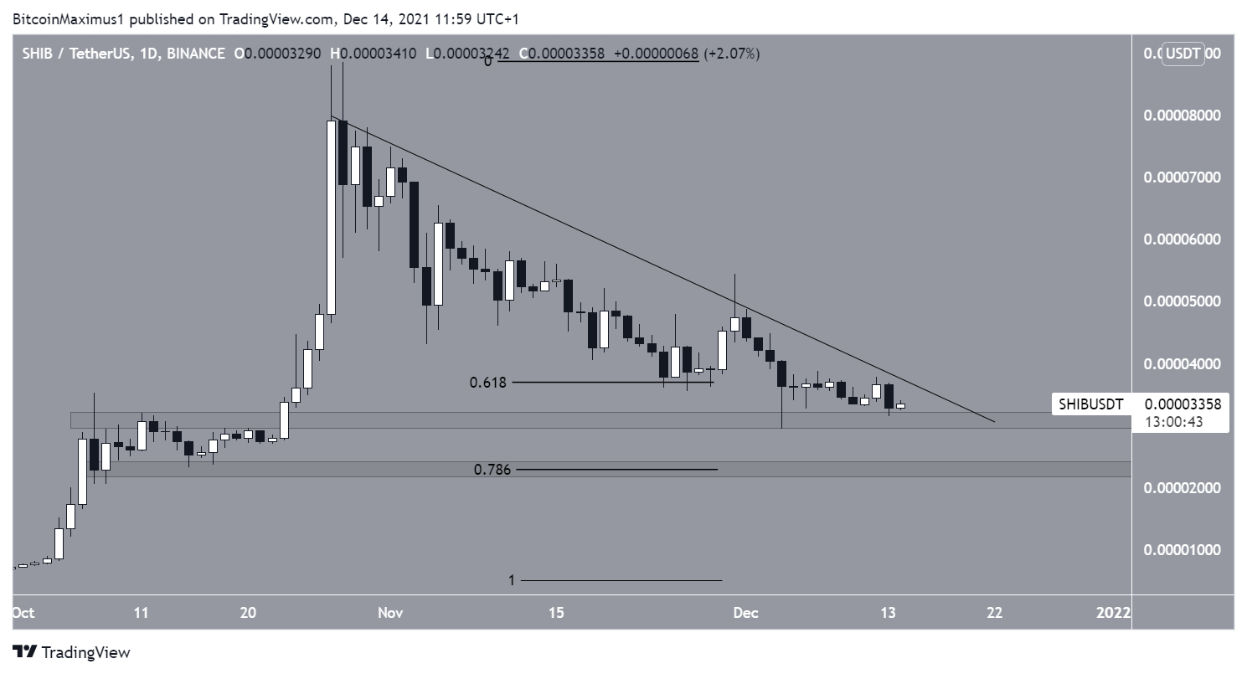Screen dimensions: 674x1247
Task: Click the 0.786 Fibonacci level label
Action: pos(490,470)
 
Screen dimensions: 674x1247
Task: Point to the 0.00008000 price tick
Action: pos(1182,116)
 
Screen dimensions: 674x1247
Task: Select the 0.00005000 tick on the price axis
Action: pos(1182,301)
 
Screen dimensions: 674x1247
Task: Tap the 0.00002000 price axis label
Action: pos(1182,488)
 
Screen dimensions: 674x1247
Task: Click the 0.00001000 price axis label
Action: pos(1182,550)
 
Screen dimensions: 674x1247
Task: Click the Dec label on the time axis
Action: pos(745,613)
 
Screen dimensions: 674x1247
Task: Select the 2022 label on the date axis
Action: pos(1115,613)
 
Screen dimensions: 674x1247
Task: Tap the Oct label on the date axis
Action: pos(23,613)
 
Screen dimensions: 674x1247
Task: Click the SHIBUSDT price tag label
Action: pos(1090,404)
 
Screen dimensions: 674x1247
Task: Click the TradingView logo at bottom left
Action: pos(71,652)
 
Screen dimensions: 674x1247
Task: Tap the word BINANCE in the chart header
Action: pos(196,54)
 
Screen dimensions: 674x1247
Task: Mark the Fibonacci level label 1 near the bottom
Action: pos(512,580)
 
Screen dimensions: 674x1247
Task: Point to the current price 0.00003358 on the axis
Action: pos(1182,404)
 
